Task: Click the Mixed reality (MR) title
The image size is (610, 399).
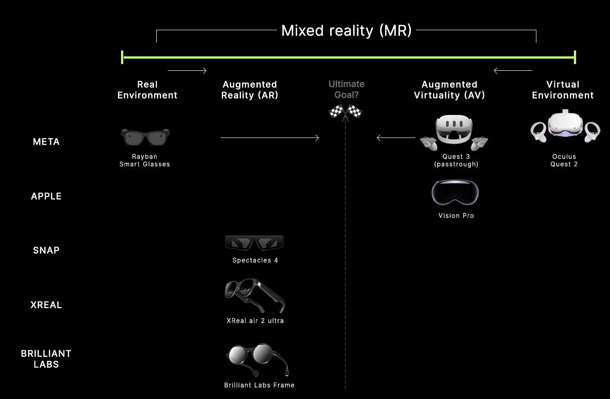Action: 346,31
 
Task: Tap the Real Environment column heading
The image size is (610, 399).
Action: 147,90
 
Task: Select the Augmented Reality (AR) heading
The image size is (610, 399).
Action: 250,90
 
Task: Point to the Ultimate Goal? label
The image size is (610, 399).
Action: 346,89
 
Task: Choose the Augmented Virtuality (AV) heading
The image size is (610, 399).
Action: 449,90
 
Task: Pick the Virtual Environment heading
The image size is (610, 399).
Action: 563,90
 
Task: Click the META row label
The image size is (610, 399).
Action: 46,142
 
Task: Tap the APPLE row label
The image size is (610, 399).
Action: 46,196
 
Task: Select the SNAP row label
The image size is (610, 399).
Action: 46,250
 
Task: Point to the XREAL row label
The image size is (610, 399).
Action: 46,305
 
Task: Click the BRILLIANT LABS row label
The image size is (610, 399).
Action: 46,359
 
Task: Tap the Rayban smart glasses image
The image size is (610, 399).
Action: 145,137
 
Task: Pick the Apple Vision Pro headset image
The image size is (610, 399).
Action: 455,193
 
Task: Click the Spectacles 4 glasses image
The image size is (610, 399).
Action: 254,243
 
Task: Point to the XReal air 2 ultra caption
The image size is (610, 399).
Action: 255,321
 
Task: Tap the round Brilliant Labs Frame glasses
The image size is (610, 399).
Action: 256,359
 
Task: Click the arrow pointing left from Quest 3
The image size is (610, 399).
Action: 396,138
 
